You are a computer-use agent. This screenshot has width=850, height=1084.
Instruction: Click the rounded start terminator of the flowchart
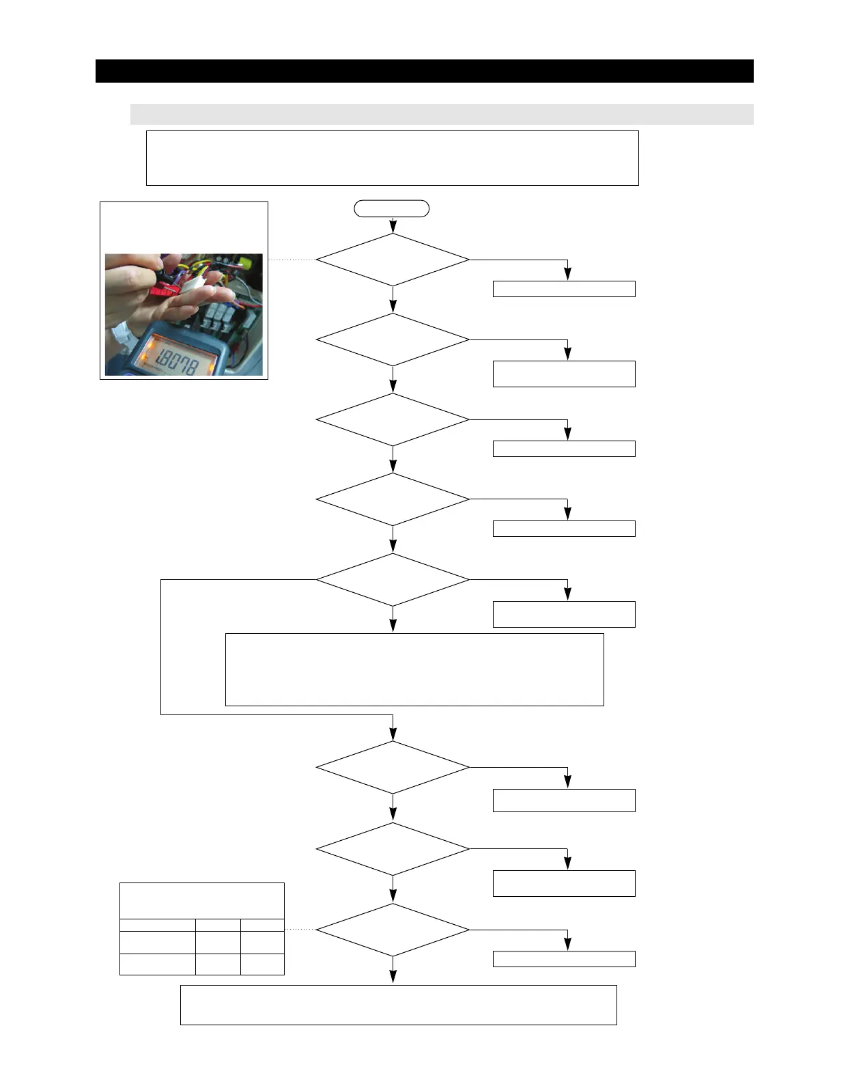point(391,208)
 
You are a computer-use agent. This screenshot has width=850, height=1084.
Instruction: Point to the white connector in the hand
point(193,281)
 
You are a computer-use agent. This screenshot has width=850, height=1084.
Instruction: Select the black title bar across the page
point(424,71)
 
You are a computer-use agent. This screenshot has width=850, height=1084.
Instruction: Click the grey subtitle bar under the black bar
point(441,114)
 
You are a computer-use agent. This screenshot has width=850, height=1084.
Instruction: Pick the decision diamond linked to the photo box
point(393,260)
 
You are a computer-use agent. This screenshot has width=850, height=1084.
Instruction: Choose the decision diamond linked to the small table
point(393,930)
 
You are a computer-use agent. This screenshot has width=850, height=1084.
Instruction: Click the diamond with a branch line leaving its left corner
point(393,579)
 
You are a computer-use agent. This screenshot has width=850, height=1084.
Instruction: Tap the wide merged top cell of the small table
point(201,900)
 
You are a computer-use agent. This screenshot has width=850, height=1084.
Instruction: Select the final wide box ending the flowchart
point(398,1004)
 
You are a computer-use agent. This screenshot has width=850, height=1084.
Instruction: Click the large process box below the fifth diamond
point(414,669)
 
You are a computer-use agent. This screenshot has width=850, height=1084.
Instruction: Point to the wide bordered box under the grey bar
point(392,158)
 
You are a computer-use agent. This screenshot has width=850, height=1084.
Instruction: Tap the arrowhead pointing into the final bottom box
point(393,977)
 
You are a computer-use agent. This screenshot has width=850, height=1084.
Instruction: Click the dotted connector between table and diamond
point(300,930)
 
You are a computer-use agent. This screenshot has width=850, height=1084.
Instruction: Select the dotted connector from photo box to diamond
point(292,260)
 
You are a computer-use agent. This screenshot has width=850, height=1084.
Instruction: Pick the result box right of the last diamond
point(564,958)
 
